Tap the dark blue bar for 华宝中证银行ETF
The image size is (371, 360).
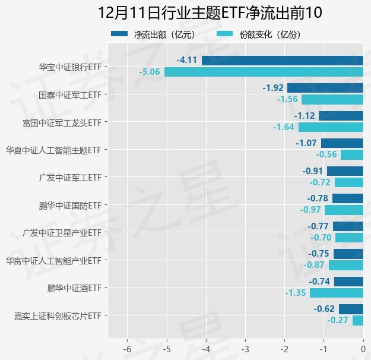click(x=282, y=60)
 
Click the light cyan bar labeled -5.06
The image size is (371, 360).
click(x=264, y=72)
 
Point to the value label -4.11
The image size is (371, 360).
click(x=187, y=60)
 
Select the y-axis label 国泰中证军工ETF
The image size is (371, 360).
click(x=70, y=95)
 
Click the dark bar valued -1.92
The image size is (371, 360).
click(x=325, y=88)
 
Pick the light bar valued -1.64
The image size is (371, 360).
click(x=331, y=127)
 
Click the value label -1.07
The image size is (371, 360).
click(x=306, y=143)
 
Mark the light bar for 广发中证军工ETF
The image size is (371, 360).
click(x=348, y=182)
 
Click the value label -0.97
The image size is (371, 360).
click(x=310, y=210)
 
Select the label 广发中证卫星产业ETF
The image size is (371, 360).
click(x=62, y=233)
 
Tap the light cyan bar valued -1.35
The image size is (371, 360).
click(x=336, y=293)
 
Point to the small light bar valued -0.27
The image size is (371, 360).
click(x=357, y=320)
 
